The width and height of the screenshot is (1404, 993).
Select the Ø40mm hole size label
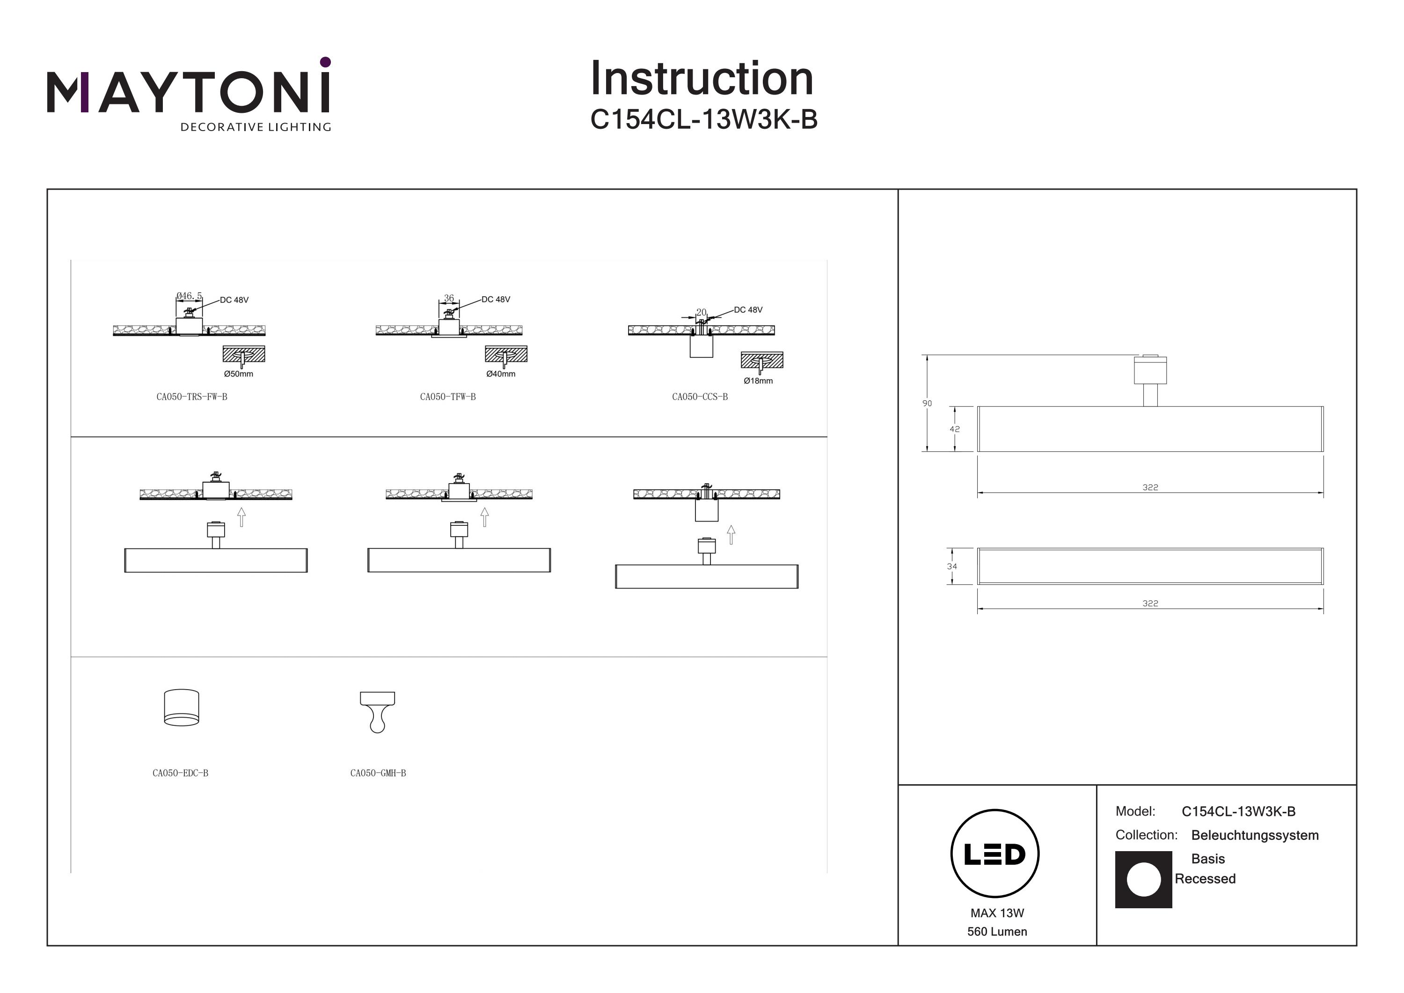click(x=500, y=374)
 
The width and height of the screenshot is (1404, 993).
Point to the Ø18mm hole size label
click(x=758, y=381)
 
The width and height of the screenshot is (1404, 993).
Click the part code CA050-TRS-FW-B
click(x=191, y=397)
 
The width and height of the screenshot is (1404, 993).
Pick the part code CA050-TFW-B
click(x=447, y=397)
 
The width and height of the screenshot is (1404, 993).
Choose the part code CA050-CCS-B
click(x=700, y=397)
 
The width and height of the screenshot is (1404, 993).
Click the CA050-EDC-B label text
click(x=180, y=773)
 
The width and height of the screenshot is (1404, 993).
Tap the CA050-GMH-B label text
click(x=378, y=773)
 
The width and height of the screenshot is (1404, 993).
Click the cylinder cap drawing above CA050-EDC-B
click(x=182, y=708)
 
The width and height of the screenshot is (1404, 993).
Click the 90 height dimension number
click(x=927, y=403)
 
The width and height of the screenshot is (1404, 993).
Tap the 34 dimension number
click(x=951, y=566)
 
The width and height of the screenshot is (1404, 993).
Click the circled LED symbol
click(x=995, y=853)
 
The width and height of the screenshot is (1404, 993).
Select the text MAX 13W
click(x=997, y=913)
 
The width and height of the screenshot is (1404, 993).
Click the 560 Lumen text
click(x=997, y=931)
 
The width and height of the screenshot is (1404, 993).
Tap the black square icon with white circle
click(x=1143, y=879)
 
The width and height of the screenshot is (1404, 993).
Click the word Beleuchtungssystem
click(x=1254, y=835)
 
